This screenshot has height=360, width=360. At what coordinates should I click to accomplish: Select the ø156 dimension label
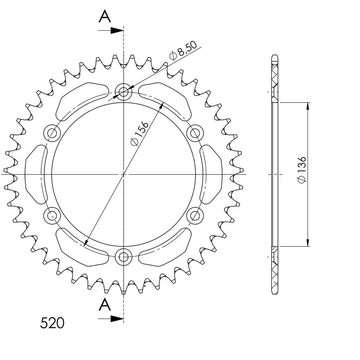pyautogui.click(x=140, y=134)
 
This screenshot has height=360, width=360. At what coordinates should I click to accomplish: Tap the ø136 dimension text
pyautogui.click(x=302, y=170)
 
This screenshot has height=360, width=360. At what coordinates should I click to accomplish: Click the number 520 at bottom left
pyautogui.click(x=52, y=323)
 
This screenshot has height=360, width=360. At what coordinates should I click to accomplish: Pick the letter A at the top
pyautogui.click(x=105, y=17)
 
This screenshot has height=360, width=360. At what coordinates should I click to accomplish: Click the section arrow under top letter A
pyautogui.click(x=111, y=30)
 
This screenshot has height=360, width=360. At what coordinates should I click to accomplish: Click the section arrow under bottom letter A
pyautogui.click(x=111, y=319)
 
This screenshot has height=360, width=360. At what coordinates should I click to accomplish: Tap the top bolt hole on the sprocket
pyautogui.click(x=124, y=92)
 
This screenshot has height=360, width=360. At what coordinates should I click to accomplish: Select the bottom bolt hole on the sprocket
pyautogui.click(x=124, y=256)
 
